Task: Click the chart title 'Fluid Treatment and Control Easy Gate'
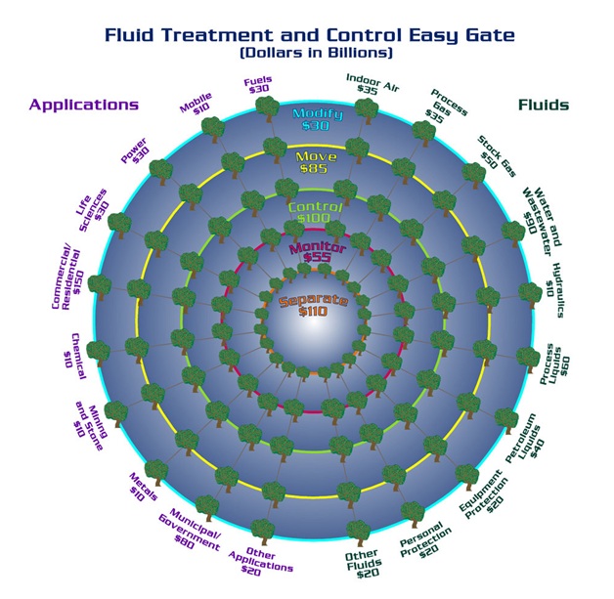tap(309, 35)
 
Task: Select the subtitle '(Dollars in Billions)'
tap(316, 53)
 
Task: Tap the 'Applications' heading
tap(84, 105)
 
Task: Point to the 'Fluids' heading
tap(544, 105)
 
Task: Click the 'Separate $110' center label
tap(313, 306)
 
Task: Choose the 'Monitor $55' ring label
tap(317, 252)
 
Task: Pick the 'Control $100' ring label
tap(315, 212)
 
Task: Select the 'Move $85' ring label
tap(315, 162)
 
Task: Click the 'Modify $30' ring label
tap(317, 119)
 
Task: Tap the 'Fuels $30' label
tap(258, 85)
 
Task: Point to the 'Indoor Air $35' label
tap(372, 84)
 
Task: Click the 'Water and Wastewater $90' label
tap(543, 221)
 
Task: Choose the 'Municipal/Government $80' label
tap(190, 530)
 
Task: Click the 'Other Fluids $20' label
tap(364, 564)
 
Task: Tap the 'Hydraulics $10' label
tap(555, 290)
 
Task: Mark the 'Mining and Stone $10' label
tap(90, 428)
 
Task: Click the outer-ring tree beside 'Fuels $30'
tap(268, 108)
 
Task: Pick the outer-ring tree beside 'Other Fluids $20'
tap(358, 533)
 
